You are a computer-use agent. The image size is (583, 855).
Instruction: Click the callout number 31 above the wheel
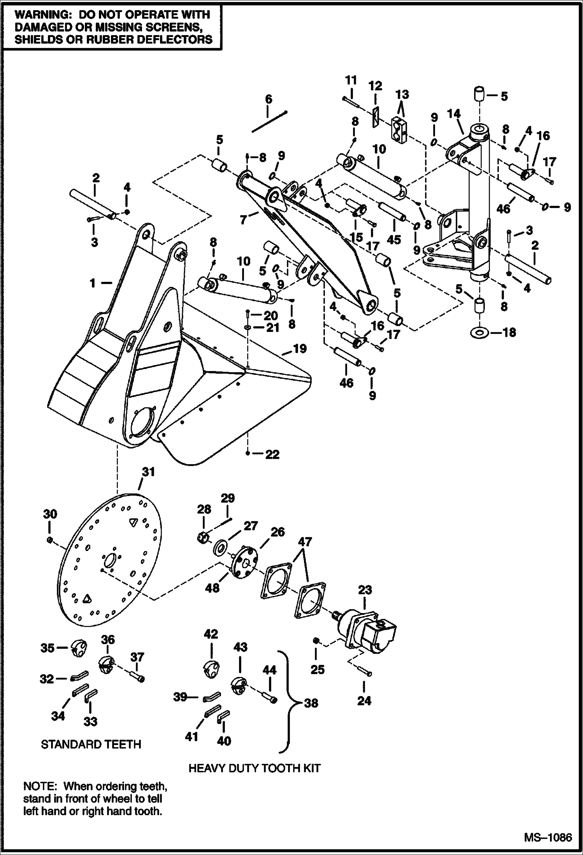[148, 472]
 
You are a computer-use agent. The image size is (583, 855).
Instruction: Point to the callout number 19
[300, 348]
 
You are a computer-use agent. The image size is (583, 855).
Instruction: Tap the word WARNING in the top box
[40, 15]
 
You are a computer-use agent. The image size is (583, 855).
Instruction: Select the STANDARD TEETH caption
[91, 744]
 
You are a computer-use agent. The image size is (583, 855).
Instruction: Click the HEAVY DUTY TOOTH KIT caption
[255, 768]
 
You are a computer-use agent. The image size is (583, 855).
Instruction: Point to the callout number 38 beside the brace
[311, 703]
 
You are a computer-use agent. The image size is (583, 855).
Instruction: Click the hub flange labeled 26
[244, 562]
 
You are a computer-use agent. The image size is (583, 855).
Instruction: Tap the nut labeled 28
[203, 538]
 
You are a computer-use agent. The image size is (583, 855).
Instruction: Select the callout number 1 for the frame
[93, 283]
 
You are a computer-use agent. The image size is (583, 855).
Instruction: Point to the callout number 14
[454, 114]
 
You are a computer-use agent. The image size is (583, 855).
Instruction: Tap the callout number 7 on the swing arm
[244, 220]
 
